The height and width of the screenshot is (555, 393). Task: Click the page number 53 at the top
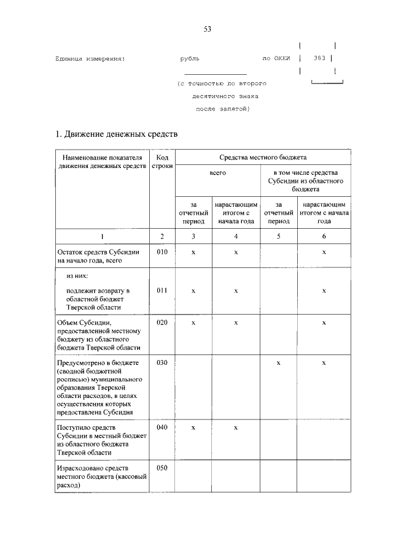pyautogui.click(x=207, y=29)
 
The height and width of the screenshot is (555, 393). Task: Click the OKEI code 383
pyautogui.click(x=319, y=59)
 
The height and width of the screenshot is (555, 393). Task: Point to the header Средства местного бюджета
pyautogui.click(x=263, y=157)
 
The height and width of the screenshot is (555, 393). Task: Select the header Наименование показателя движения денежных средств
pyautogui.click(x=103, y=161)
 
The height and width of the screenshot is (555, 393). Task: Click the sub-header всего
pyautogui.click(x=218, y=174)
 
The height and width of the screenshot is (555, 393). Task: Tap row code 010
pyautogui.click(x=162, y=251)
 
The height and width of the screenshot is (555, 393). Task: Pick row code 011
pyautogui.click(x=162, y=290)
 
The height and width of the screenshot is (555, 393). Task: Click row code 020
pyautogui.click(x=162, y=322)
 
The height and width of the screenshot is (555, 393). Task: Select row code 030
pyautogui.click(x=162, y=362)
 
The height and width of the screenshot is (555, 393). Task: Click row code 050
pyautogui.click(x=162, y=468)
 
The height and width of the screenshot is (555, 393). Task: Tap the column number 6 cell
pyautogui.click(x=324, y=236)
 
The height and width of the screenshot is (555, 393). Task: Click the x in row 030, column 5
pyautogui.click(x=279, y=363)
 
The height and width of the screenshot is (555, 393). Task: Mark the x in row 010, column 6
pyautogui.click(x=324, y=252)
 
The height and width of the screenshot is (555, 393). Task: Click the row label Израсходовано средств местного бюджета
pyautogui.click(x=101, y=476)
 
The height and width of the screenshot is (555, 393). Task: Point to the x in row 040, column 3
pyautogui.click(x=193, y=427)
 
